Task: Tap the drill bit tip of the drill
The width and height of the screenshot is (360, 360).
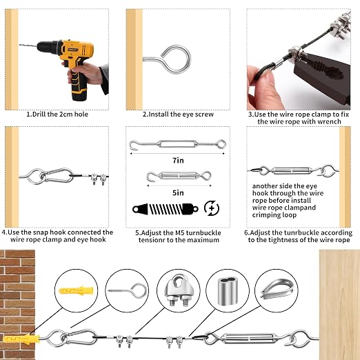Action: point(20,45)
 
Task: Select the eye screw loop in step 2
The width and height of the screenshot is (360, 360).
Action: point(177,59)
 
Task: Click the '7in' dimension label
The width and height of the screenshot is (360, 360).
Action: point(178,160)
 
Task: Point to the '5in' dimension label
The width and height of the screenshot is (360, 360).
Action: point(178,192)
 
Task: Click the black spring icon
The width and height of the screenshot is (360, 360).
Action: point(166,209)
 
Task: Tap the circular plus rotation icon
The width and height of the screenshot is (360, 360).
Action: point(212,208)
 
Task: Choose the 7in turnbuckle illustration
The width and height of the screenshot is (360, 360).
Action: point(177,145)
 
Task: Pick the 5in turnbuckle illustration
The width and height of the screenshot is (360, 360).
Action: point(179,176)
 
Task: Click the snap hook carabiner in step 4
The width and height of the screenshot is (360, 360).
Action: point(57,175)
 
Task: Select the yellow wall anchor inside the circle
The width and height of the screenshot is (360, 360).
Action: point(77,291)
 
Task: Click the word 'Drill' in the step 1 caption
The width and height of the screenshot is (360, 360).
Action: point(39,114)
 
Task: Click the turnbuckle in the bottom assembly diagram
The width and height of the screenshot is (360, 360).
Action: point(248,339)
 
